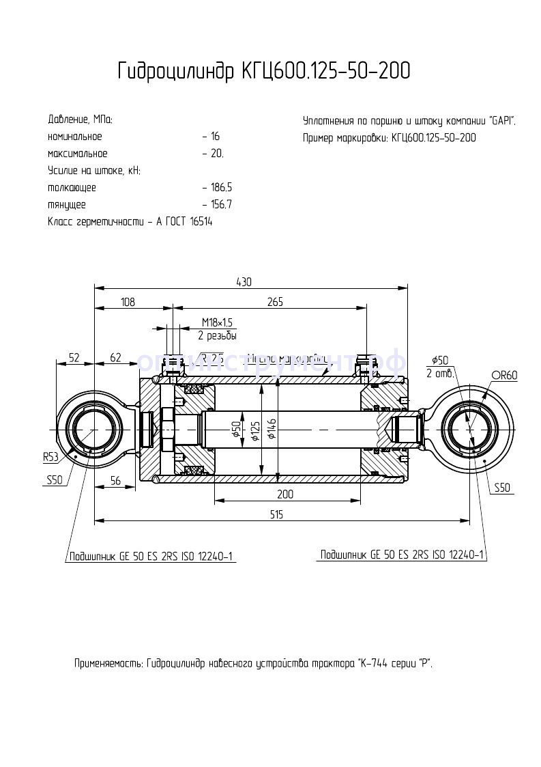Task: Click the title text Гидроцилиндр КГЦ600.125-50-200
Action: [x=264, y=71]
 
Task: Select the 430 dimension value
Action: [x=244, y=281]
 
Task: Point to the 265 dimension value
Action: [x=275, y=302]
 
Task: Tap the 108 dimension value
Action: [x=128, y=302]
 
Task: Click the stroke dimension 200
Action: [x=285, y=494]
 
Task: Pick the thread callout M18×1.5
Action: [x=218, y=322]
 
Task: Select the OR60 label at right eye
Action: [x=504, y=375]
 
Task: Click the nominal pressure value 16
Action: [x=214, y=137]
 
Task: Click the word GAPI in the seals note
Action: [x=501, y=121]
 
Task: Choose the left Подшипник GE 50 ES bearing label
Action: [x=151, y=556]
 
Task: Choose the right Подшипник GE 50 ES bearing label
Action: [x=403, y=555]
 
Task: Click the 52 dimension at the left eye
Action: [x=74, y=357]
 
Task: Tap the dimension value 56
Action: [x=115, y=481]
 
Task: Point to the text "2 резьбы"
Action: [x=218, y=335]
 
